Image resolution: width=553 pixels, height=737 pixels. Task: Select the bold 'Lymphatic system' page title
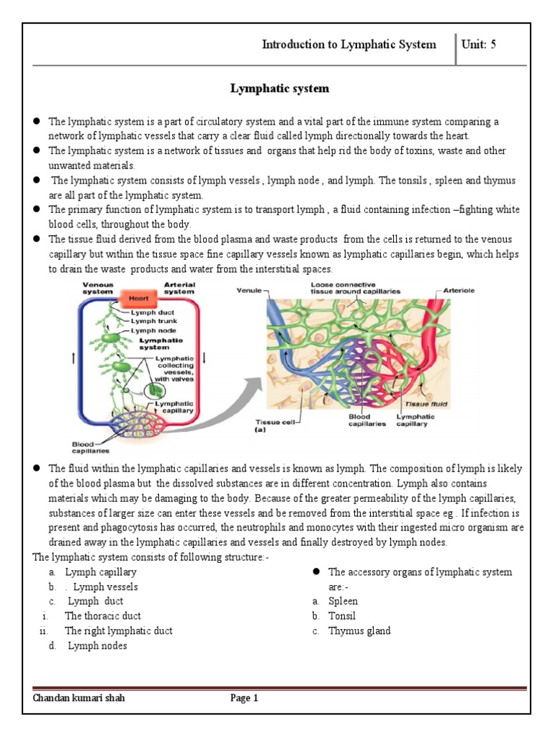pyautogui.click(x=279, y=89)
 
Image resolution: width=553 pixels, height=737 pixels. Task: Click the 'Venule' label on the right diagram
pyautogui.click(x=248, y=291)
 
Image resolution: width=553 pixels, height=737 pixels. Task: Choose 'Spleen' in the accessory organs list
pyautogui.click(x=343, y=601)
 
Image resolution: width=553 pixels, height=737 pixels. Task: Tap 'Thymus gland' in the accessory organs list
pyautogui.click(x=359, y=630)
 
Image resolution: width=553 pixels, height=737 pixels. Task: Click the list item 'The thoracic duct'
pyautogui.click(x=103, y=616)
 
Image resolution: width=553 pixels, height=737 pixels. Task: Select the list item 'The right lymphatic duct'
pyautogui.click(x=118, y=630)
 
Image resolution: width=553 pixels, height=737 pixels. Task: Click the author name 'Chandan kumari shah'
pyautogui.click(x=73, y=697)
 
